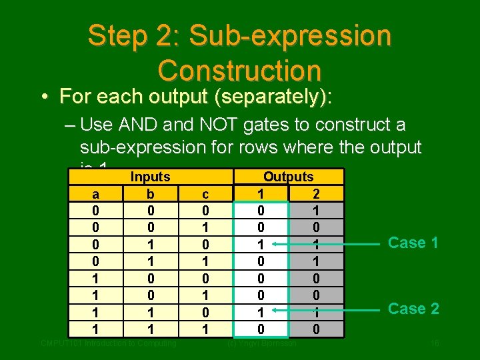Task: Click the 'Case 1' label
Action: [x=413, y=243]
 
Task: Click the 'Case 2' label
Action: [x=413, y=309]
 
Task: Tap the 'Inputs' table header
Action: [x=150, y=177]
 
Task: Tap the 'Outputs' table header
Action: [x=288, y=177]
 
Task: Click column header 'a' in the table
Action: [x=97, y=194]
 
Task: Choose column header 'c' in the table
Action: [x=205, y=194]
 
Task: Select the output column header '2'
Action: [x=315, y=194]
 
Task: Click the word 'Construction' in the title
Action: [x=239, y=69]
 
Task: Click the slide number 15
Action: [x=434, y=343]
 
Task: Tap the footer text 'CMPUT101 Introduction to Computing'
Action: [x=108, y=343]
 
